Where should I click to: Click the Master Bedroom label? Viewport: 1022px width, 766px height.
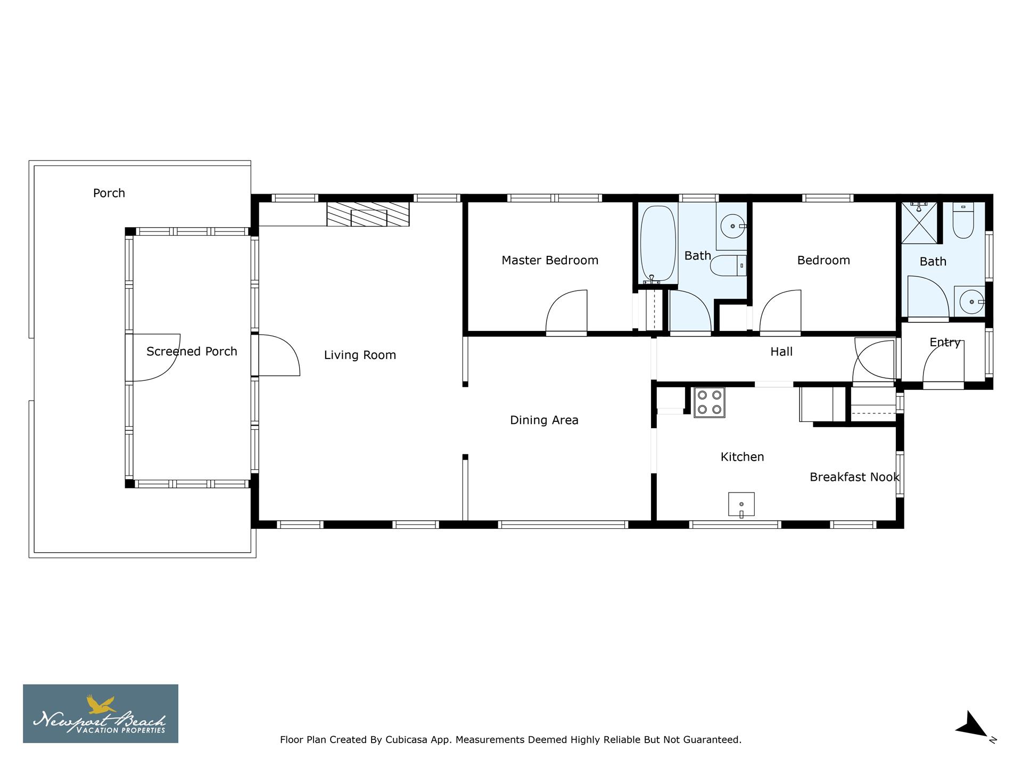[550, 260]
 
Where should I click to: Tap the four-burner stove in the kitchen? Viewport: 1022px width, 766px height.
[709, 402]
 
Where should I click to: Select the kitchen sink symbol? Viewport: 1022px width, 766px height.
[741, 504]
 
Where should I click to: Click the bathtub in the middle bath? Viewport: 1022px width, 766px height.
[658, 243]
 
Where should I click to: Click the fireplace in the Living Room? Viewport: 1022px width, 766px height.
[368, 214]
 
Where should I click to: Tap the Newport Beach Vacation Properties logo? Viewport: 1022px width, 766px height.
[101, 713]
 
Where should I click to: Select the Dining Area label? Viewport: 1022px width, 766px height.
[544, 420]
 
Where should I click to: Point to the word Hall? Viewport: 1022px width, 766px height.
[781, 352]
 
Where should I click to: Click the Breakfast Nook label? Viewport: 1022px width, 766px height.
[854, 477]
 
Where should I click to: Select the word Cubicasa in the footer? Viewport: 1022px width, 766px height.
[407, 739]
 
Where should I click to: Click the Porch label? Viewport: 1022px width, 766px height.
[109, 193]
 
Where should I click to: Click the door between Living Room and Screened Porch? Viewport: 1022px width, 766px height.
[278, 355]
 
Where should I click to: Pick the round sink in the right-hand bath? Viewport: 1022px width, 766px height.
[971, 302]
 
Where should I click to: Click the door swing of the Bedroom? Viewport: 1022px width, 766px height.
[781, 313]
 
